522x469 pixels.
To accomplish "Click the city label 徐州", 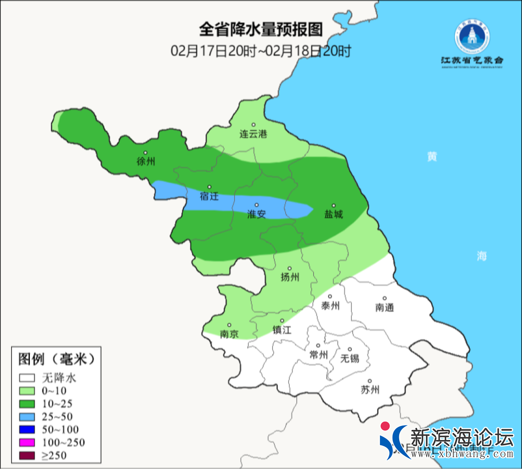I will [x=146, y=162].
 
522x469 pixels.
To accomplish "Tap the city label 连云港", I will [x=253, y=134].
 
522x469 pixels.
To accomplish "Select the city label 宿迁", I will [x=209, y=197].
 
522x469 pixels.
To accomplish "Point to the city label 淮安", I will [x=257, y=214].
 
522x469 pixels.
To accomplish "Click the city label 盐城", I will [x=333, y=214].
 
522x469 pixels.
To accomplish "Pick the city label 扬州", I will [x=290, y=277].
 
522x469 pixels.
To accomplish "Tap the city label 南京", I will [x=229, y=334].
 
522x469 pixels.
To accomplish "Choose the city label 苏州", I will [x=370, y=390].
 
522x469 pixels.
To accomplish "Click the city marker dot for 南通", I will [x=385, y=298].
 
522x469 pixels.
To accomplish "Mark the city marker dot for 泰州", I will [x=331, y=296].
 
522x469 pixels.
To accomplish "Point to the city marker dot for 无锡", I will [x=350, y=349].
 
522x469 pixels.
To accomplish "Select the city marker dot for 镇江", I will [x=283, y=320].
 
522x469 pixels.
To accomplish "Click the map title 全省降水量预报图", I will [x=261, y=30].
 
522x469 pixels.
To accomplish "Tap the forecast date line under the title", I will [x=261, y=51].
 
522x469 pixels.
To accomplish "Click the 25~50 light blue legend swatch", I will [x=28, y=416].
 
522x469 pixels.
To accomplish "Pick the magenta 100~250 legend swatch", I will [x=28, y=442].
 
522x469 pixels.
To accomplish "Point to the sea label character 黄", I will [x=432, y=157].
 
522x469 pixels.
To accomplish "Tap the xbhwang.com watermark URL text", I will [x=462, y=454].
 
